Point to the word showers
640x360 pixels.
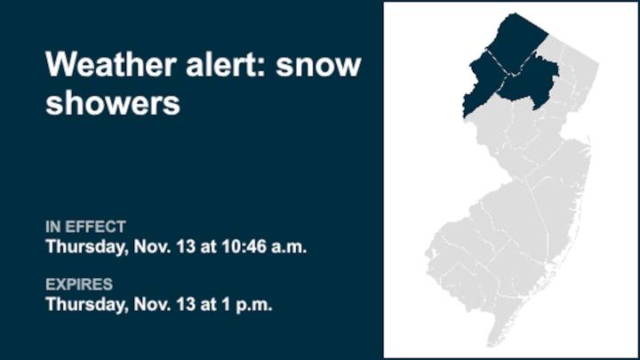pyautogui.click(x=112, y=103)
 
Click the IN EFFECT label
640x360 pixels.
pyautogui.click(x=85, y=227)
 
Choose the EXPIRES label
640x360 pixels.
pyautogui.click(x=79, y=284)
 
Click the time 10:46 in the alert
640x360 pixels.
pyautogui.click(x=237, y=246)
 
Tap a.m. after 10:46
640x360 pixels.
pyautogui.click(x=285, y=246)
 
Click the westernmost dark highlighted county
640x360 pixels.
pyautogui.click(x=480, y=85)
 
